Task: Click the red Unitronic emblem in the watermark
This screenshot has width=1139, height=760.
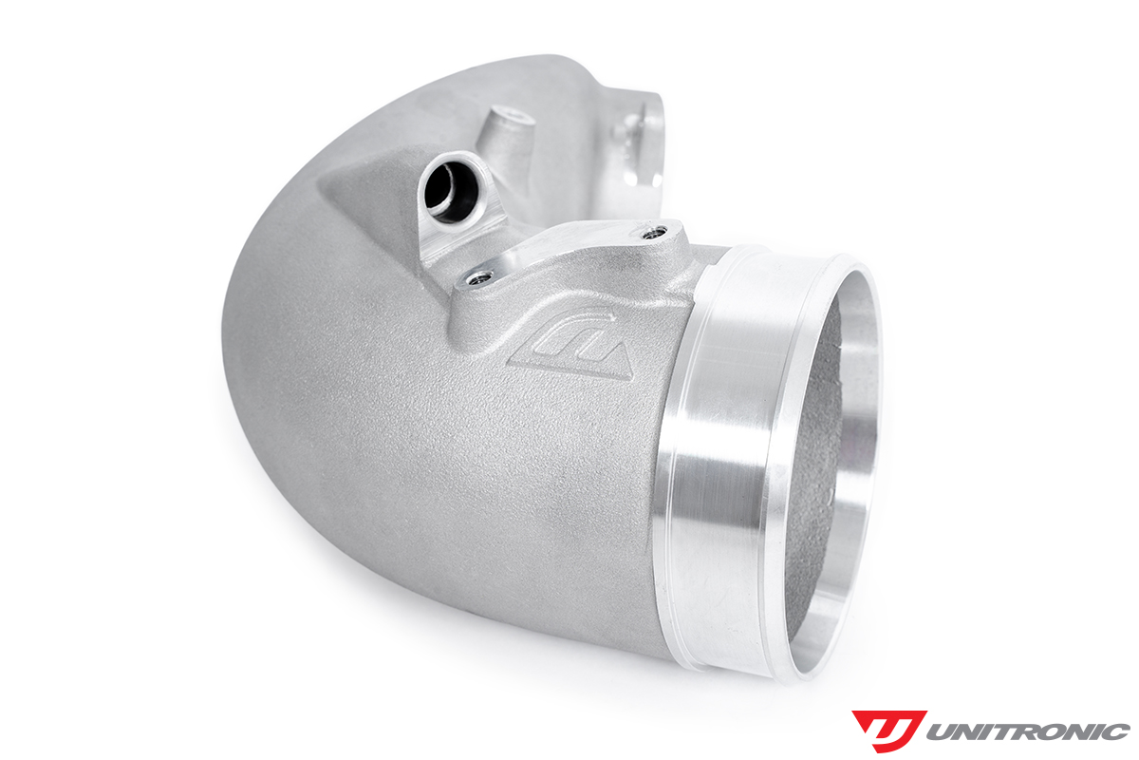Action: click(x=887, y=730)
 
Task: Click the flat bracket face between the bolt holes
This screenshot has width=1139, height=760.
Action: click(x=569, y=249)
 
